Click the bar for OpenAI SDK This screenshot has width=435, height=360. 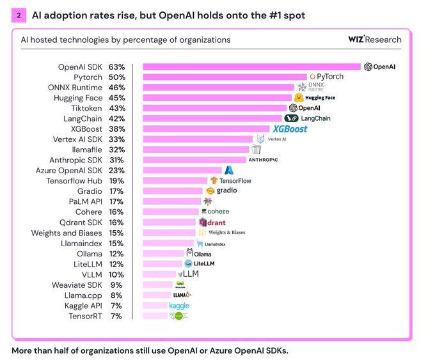[251, 67]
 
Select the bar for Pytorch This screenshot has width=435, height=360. [224, 77]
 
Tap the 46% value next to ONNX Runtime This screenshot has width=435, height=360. [116, 88]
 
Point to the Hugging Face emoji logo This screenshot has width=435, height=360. [298, 98]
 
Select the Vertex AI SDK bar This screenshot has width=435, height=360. [198, 139]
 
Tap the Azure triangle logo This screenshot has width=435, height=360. [229, 170]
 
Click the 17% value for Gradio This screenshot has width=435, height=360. [116, 191]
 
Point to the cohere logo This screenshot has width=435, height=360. [214, 212]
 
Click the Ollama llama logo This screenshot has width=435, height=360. [190, 253]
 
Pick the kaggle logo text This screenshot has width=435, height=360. [179, 306]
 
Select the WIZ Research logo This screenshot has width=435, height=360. [374, 40]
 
